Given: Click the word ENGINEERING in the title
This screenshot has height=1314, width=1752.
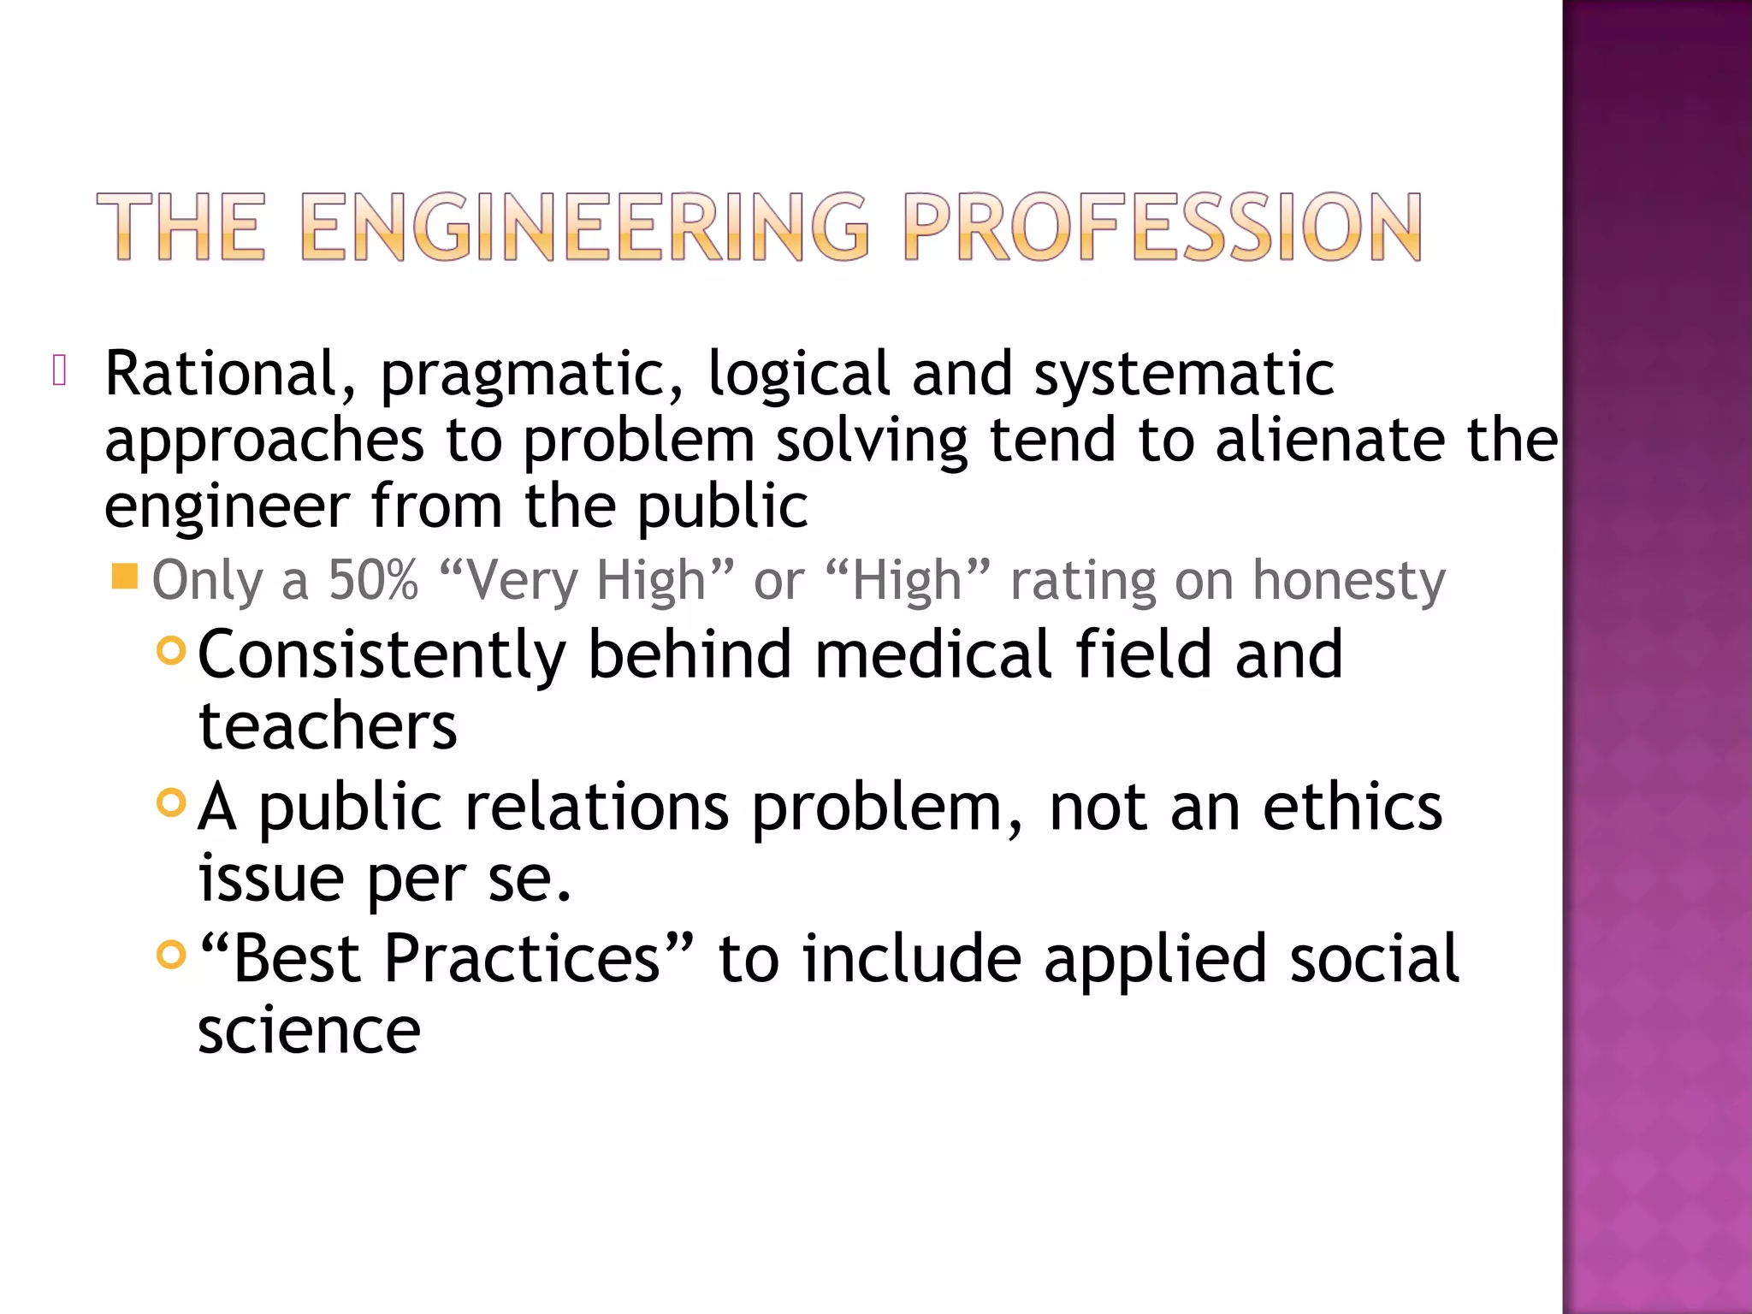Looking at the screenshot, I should [x=585, y=226].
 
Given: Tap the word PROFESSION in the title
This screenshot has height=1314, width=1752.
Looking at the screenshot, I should [x=1162, y=226].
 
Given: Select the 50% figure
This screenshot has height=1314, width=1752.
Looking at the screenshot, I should [x=373, y=580].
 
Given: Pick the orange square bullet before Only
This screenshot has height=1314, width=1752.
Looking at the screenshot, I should [x=125, y=577].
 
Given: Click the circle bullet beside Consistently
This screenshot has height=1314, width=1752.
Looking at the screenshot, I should [x=172, y=651].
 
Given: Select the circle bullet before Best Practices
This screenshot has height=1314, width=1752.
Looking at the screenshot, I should [x=172, y=954].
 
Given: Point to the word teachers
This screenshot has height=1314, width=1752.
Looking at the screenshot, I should [x=328, y=726].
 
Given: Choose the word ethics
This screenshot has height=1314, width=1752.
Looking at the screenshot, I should [x=1352, y=807].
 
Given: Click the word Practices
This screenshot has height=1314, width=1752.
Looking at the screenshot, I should [x=522, y=958].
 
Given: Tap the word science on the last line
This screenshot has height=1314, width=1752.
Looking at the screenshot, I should [x=309, y=1031].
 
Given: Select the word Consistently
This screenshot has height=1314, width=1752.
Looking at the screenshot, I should [x=382, y=654].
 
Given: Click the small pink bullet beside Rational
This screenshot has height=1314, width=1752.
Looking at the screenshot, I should [x=59, y=370].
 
